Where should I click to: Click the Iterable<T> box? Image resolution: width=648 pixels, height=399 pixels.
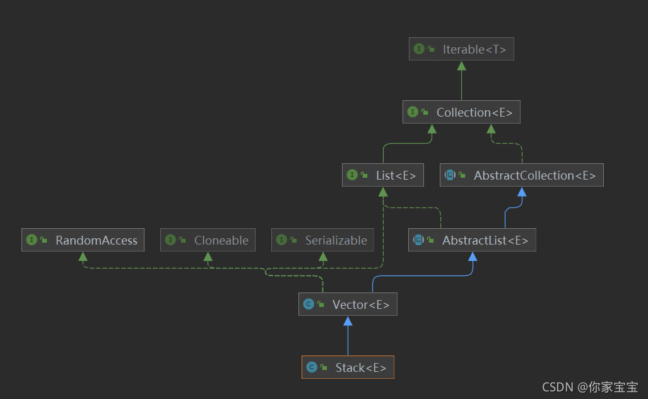coord(461,49)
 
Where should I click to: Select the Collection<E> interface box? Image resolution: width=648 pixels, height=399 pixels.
coord(461,112)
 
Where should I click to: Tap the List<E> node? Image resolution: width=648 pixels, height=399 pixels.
coord(383,175)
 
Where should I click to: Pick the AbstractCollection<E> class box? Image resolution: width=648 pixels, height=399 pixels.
coord(522,175)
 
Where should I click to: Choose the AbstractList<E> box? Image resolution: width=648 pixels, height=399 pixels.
coord(472,240)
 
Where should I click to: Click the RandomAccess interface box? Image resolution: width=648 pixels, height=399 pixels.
coord(83,240)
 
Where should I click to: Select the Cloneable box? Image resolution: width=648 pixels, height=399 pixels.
coord(208,240)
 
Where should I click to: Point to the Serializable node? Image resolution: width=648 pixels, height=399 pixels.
coord(322,240)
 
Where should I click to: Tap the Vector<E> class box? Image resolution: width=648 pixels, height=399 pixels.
coord(348,304)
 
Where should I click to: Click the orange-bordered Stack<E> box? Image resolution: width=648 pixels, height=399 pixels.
coord(348,367)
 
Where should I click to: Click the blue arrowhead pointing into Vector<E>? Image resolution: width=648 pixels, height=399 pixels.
coord(348,321)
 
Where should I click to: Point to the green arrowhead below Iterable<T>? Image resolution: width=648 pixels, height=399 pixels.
coord(462,66)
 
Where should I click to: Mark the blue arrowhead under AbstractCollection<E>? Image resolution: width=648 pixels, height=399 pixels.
coord(522,192)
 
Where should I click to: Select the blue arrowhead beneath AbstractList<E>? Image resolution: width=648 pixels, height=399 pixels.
coord(473,257)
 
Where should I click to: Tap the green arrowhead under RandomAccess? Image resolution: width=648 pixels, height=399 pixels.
coord(83,257)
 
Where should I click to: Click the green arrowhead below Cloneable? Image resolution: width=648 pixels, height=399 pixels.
coord(208,257)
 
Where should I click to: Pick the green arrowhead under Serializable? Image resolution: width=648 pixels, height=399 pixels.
coord(323,257)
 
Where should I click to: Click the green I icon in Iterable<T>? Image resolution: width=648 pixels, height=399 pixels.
coord(419,49)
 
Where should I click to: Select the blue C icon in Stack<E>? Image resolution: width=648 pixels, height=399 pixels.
coord(312,367)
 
